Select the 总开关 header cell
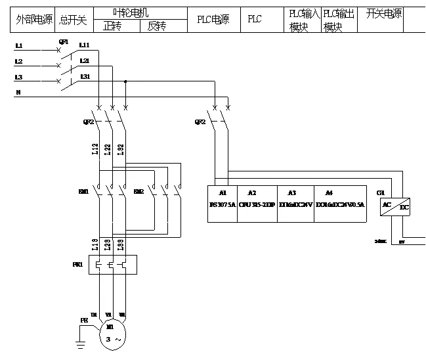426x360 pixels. click(72, 20)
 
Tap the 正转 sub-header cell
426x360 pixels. click(112, 26)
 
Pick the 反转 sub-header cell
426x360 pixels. click(156, 26)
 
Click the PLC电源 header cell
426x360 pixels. click(213, 20)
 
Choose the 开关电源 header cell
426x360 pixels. click(383, 14)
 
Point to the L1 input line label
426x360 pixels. click(18, 46)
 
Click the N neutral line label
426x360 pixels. click(18, 93)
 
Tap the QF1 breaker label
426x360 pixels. click(64, 41)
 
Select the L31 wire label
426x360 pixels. click(85, 77)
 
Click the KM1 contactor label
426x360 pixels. click(83, 192)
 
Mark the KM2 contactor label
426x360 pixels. click(138, 192)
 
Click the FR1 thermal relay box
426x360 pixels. click(111, 265)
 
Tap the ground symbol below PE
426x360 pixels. click(81, 342)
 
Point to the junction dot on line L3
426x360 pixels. click(125, 82)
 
